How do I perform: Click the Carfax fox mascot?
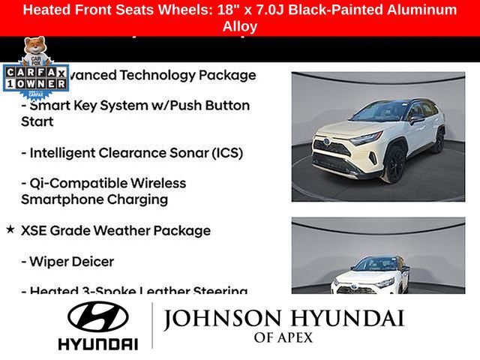click(34, 51)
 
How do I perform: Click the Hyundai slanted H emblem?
click(97, 317)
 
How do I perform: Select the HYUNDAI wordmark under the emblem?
click(97, 343)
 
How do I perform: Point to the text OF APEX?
click(283, 338)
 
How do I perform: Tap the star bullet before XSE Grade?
click(10, 229)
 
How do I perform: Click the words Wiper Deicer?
click(73, 262)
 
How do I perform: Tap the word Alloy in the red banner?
click(240, 26)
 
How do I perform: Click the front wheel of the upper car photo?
click(393, 165)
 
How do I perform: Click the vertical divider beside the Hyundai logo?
click(152, 325)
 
